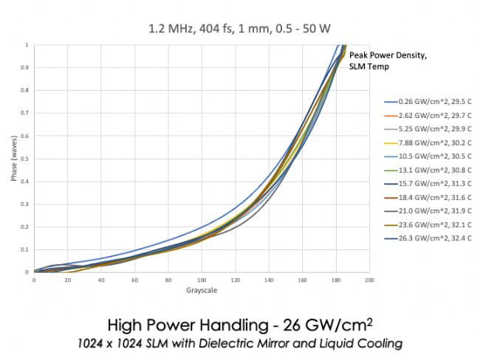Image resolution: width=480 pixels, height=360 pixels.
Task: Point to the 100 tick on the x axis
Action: [x=202, y=280]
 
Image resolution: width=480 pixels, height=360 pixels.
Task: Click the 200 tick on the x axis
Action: [x=369, y=280]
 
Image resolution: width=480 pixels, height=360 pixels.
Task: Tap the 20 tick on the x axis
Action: [x=67, y=280]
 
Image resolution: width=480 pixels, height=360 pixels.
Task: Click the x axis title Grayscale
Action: [x=202, y=289]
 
